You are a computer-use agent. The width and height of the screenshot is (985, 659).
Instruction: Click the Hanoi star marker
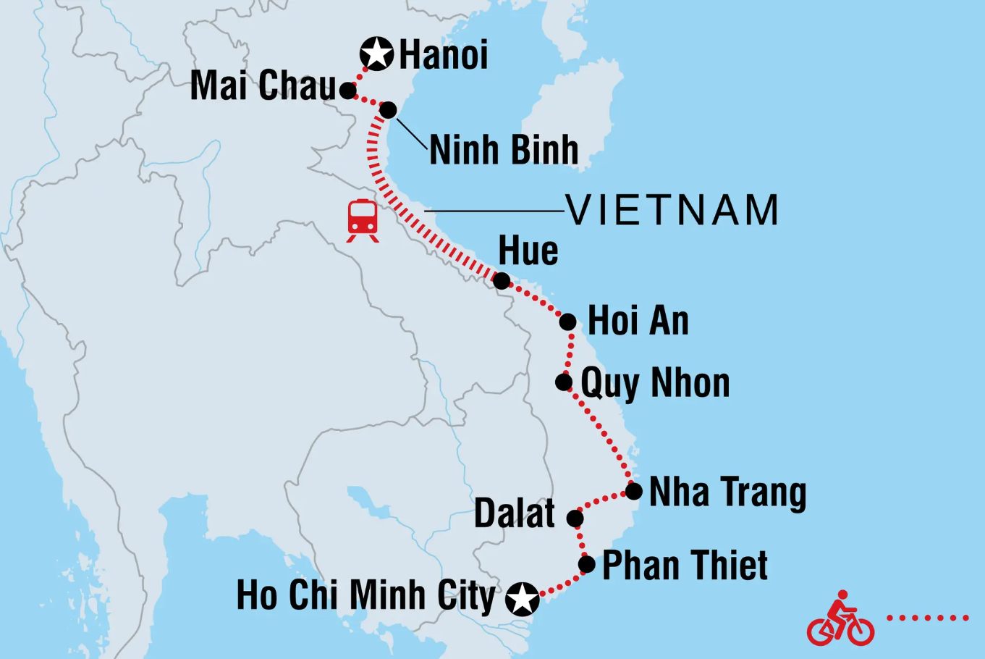click(x=376, y=54)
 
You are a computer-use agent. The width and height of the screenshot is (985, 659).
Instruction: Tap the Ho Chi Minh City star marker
click(x=523, y=599)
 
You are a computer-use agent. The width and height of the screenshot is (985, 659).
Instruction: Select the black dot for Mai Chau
click(x=348, y=91)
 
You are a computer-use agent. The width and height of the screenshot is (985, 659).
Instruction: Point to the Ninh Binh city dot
click(x=389, y=110)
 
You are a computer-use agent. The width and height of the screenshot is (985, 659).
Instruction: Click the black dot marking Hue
click(x=501, y=280)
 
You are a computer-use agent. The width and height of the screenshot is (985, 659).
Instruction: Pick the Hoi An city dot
click(x=568, y=322)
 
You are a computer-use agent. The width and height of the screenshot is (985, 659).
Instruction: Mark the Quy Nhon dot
click(x=564, y=382)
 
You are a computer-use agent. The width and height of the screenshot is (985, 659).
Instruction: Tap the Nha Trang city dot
click(x=633, y=492)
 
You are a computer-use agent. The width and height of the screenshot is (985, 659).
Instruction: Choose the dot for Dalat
click(x=575, y=519)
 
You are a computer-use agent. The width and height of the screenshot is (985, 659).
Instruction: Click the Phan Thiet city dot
click(x=587, y=564)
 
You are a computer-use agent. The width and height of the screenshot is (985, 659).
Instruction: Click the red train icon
click(x=363, y=219)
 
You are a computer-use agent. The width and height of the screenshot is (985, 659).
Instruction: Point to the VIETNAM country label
click(x=672, y=211)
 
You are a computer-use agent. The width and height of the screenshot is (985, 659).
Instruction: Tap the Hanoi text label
click(x=444, y=56)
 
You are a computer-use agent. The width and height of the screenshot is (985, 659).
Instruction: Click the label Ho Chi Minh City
click(x=365, y=596)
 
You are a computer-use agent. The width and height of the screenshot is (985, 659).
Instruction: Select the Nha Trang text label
click(x=727, y=493)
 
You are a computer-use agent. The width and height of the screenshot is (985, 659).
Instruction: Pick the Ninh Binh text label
click(x=504, y=151)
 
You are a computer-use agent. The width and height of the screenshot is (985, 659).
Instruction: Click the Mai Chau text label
click(x=263, y=86)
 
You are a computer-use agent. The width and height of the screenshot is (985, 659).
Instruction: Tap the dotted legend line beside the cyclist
click(x=928, y=618)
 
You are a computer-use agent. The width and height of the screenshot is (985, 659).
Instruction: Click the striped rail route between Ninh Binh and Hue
click(x=405, y=210)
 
